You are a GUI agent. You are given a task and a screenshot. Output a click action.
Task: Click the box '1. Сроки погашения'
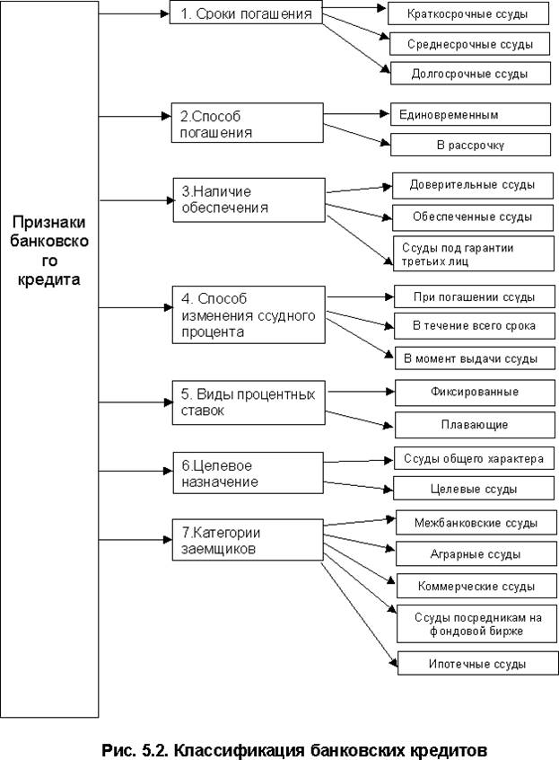click(x=246, y=13)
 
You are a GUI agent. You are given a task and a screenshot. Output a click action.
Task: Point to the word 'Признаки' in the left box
click(x=49, y=223)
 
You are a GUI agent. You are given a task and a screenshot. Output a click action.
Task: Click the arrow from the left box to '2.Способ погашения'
click(x=135, y=117)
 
